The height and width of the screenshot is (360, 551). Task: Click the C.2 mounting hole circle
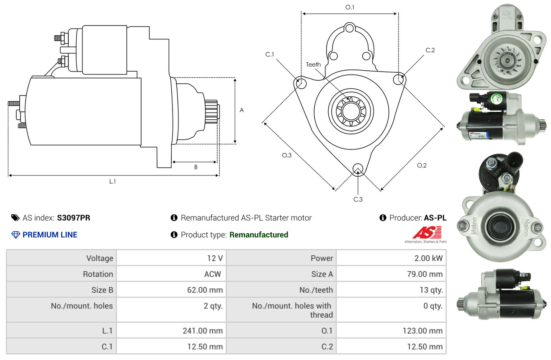[x=399, y=79]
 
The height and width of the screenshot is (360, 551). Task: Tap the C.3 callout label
[x=358, y=199]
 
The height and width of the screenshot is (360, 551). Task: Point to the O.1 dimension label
[x=350, y=7]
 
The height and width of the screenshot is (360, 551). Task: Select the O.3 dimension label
[x=286, y=155]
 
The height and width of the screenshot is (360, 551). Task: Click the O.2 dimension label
[x=422, y=165]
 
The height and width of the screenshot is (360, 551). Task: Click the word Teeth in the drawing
[x=313, y=64]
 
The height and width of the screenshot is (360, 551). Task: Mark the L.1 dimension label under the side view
[x=113, y=181]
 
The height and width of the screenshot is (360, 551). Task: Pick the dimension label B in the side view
[x=196, y=167]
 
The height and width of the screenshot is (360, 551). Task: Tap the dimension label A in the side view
[x=242, y=111]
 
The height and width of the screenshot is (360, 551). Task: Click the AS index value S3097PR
[x=74, y=218]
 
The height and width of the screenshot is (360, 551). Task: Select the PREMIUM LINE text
[x=50, y=235]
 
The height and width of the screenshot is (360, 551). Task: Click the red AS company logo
[x=427, y=233]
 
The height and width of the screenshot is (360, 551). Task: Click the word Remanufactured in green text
[x=259, y=235]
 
